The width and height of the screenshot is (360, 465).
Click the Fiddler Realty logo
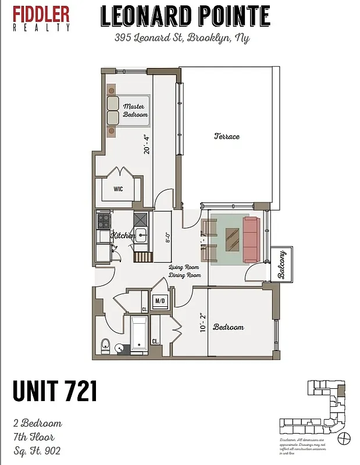[41, 18]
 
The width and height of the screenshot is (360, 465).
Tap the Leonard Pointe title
[185, 16]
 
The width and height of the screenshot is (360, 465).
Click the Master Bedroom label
[135, 110]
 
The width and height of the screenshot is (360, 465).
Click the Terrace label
[227, 137]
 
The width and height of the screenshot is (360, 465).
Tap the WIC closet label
[118, 189]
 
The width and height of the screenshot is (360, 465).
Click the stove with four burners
[104, 221]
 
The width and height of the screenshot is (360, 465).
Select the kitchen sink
[141, 235]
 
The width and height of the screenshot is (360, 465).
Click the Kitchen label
[123, 235]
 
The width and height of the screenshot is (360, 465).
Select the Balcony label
[281, 264]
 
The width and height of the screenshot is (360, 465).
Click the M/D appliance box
[159, 301]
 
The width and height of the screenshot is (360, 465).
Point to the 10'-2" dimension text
[202, 323]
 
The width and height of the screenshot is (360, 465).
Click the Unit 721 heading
[55, 392]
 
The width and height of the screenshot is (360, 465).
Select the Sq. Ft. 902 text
[37, 450]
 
